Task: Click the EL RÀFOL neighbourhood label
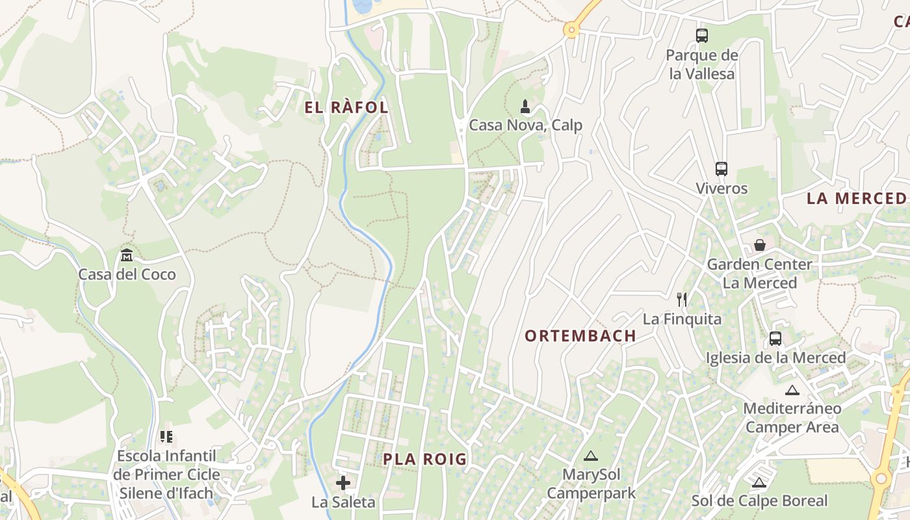pyautogui.click(x=346, y=107)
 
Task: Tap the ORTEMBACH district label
pyautogui.click(x=580, y=336)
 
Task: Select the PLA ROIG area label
pyautogui.click(x=424, y=460)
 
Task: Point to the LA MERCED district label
pyautogui.click(x=857, y=199)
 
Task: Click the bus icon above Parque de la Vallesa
pyautogui.click(x=702, y=36)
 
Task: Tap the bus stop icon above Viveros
pyautogui.click(x=721, y=169)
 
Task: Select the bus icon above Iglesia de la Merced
pyautogui.click(x=775, y=339)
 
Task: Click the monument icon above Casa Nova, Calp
pyautogui.click(x=525, y=106)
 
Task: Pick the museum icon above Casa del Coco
pyautogui.click(x=127, y=255)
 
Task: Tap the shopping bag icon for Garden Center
pyautogui.click(x=759, y=245)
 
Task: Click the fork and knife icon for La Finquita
pyautogui.click(x=682, y=300)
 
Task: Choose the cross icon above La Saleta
pyautogui.click(x=343, y=483)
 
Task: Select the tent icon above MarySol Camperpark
pyautogui.click(x=590, y=456)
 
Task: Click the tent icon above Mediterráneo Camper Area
pyautogui.click(x=792, y=390)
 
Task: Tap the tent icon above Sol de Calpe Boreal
pyautogui.click(x=759, y=482)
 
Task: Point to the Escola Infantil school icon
pyautogui.click(x=166, y=437)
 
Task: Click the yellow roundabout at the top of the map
pyautogui.click(x=571, y=29)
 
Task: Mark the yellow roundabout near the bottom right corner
pyautogui.click(x=881, y=479)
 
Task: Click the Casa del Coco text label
pyautogui.click(x=127, y=274)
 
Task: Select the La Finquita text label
pyautogui.click(x=682, y=319)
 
